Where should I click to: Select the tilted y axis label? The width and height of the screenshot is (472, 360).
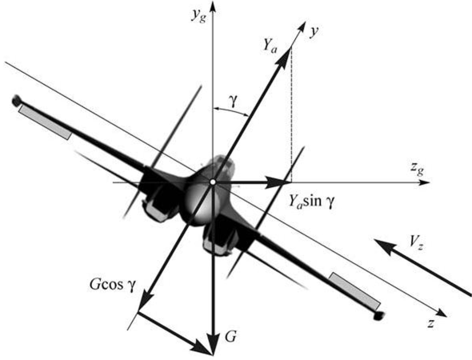coord(314,32)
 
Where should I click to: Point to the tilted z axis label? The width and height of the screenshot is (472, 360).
coord(431,323)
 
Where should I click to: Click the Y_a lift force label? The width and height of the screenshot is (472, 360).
coord(270,46)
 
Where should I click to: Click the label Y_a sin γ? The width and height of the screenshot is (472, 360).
coord(311,201)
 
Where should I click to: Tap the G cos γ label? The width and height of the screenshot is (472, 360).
coord(113,285)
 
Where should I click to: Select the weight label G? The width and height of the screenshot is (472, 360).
coord(230,337)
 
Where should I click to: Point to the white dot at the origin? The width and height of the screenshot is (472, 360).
coord(213,182)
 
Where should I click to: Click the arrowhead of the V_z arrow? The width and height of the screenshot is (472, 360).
coord(385,245)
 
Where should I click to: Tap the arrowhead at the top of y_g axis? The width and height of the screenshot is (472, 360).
coord(213,6)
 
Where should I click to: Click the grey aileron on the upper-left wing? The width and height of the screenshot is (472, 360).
coord(45,122)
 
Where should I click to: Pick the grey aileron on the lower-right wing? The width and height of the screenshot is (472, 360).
coord(354,290)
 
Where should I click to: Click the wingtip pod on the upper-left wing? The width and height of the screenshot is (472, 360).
coord(17,101)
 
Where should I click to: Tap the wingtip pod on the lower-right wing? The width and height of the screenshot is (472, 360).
coord(379,315)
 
